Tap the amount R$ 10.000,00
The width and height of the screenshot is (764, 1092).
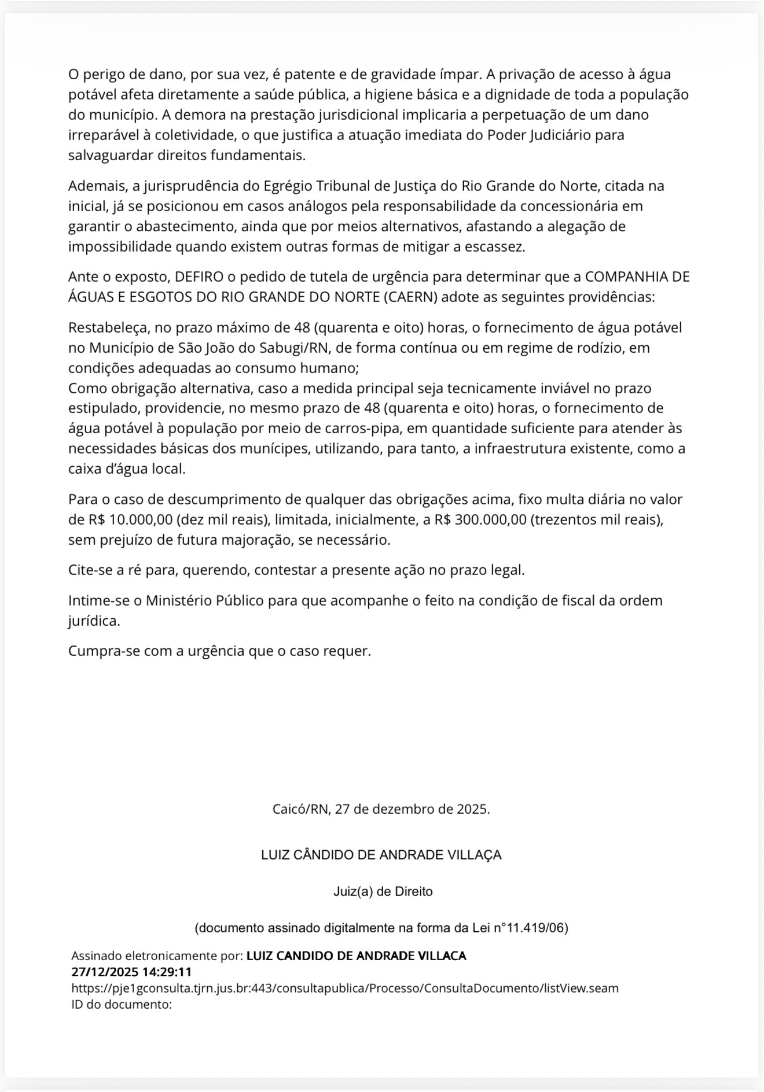131,519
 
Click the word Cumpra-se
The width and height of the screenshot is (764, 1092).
100,651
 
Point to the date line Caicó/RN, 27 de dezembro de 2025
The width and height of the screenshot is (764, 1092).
381,809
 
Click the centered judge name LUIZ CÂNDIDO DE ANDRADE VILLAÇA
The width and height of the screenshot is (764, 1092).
381,855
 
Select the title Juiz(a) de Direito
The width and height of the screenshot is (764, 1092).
383,891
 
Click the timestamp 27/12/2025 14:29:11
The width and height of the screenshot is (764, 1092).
131,972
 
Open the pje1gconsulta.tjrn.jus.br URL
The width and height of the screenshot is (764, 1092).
345,988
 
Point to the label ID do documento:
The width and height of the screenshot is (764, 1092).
122,1004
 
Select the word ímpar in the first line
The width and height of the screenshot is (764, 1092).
460,75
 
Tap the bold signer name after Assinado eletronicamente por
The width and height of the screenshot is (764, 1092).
356,955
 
